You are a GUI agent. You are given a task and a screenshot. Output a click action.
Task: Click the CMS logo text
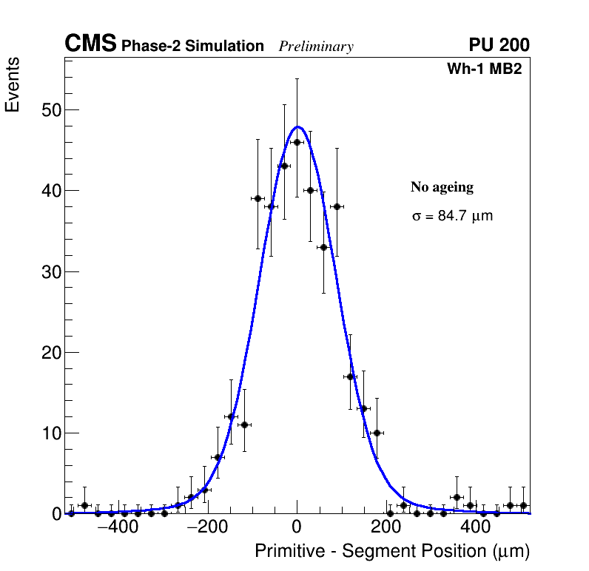(x=90, y=44)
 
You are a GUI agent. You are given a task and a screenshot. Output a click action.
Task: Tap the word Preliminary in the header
(x=316, y=47)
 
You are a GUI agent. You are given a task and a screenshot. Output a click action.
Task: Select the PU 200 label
(x=499, y=45)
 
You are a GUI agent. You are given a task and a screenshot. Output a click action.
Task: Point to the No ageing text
(x=442, y=187)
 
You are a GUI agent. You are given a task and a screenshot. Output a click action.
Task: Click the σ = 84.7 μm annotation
(x=451, y=217)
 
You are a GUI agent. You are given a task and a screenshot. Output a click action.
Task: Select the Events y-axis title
(x=13, y=85)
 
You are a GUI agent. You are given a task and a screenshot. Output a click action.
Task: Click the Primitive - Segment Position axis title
(x=392, y=551)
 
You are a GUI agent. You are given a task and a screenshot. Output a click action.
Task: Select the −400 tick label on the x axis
(x=117, y=527)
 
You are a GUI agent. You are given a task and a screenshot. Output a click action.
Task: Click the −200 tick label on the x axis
(x=207, y=527)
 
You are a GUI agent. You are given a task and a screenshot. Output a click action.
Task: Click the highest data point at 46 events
(x=297, y=142)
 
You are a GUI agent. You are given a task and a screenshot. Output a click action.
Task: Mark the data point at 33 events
(x=323, y=247)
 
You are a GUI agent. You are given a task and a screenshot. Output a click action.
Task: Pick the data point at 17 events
(x=350, y=376)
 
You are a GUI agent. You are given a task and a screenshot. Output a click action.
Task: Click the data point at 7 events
(x=218, y=457)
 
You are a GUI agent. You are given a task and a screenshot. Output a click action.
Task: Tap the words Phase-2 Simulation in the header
(x=192, y=47)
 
